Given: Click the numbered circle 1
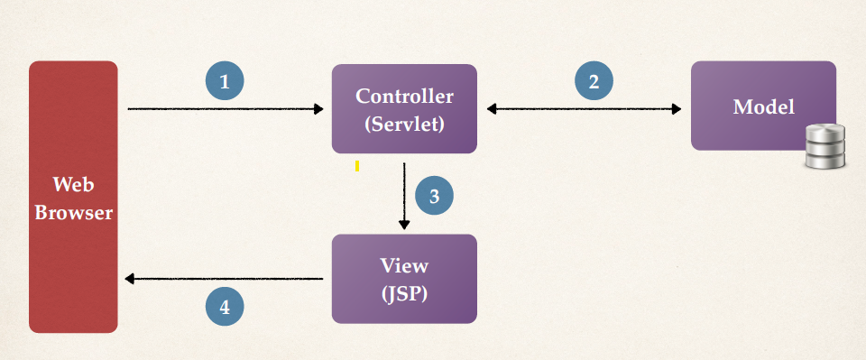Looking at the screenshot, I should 225,81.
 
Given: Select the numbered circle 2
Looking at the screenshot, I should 594,81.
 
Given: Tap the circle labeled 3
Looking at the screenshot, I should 434,196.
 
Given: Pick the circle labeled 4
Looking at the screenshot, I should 225,307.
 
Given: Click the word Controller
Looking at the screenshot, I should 404,96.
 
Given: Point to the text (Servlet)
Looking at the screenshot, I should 404,125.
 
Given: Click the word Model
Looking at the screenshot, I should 763,106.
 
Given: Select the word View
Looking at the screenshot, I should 404,266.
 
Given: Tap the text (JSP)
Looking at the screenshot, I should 404,293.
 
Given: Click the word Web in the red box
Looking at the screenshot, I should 74,185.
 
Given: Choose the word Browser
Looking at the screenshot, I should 74,214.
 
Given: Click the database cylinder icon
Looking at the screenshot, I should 825,148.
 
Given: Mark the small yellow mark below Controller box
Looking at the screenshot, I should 357,166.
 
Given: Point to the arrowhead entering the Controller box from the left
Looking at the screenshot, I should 318,109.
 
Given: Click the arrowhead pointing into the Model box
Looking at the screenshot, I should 677,109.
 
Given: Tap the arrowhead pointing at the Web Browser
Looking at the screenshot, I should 131,279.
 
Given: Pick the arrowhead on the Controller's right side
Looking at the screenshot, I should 492,109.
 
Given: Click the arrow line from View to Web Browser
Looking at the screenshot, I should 226,279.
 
